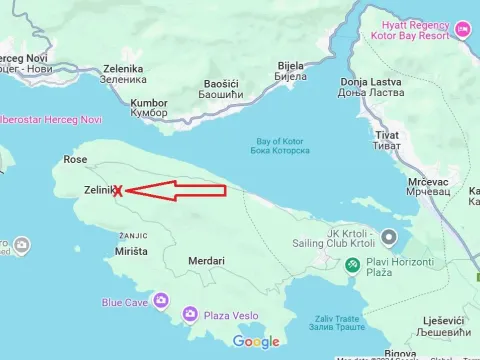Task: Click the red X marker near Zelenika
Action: point(118,190)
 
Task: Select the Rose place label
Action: point(75,159)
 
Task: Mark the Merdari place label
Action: point(206,261)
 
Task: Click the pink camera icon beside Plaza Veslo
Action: point(189,315)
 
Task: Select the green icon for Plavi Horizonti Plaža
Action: point(352,266)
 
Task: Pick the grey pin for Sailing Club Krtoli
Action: point(390,237)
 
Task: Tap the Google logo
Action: point(257,342)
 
